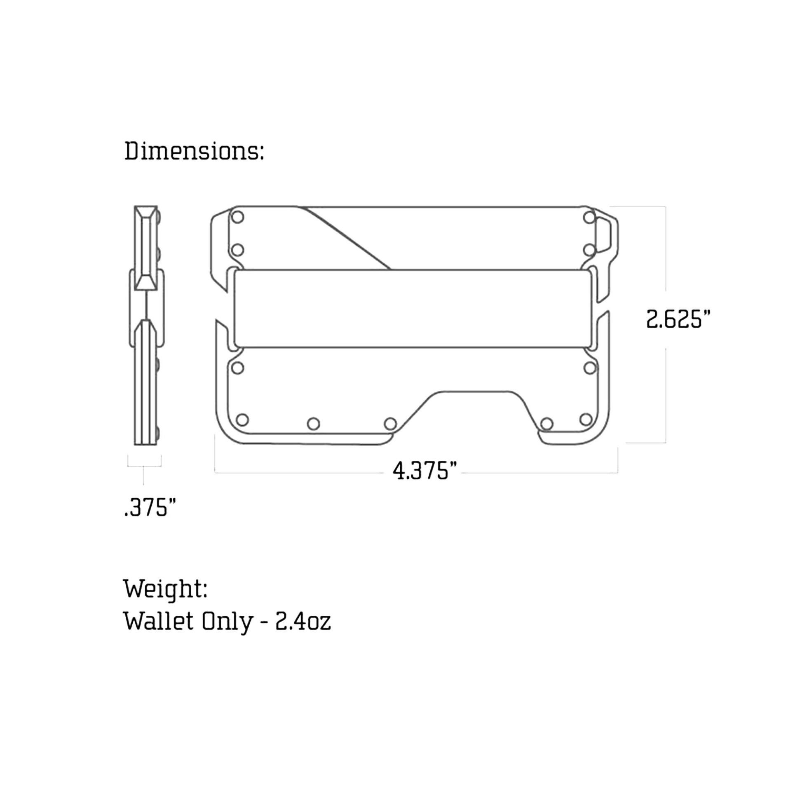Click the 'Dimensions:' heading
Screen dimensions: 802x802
(x=194, y=151)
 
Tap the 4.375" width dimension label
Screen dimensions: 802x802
(x=424, y=471)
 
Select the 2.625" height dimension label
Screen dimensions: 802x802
(x=678, y=319)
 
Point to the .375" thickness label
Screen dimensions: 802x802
(x=150, y=507)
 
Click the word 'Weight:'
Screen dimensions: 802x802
(x=165, y=589)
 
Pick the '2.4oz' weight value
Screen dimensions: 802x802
(x=303, y=621)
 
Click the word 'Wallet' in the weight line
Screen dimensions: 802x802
(x=158, y=621)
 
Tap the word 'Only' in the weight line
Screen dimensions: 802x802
(x=227, y=621)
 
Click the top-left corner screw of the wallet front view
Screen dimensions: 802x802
(x=237, y=217)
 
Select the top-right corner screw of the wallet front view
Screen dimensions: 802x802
(x=589, y=217)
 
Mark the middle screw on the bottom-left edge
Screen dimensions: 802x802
(x=313, y=424)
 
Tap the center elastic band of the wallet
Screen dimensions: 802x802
(x=412, y=308)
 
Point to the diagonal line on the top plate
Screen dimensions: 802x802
(x=347, y=238)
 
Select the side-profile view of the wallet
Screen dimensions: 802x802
(x=146, y=325)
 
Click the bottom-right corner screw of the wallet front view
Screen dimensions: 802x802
(x=586, y=420)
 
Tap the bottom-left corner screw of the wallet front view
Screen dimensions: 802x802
(x=242, y=420)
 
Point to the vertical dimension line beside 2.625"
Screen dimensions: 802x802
(x=666, y=249)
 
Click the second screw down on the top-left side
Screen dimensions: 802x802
(x=237, y=250)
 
